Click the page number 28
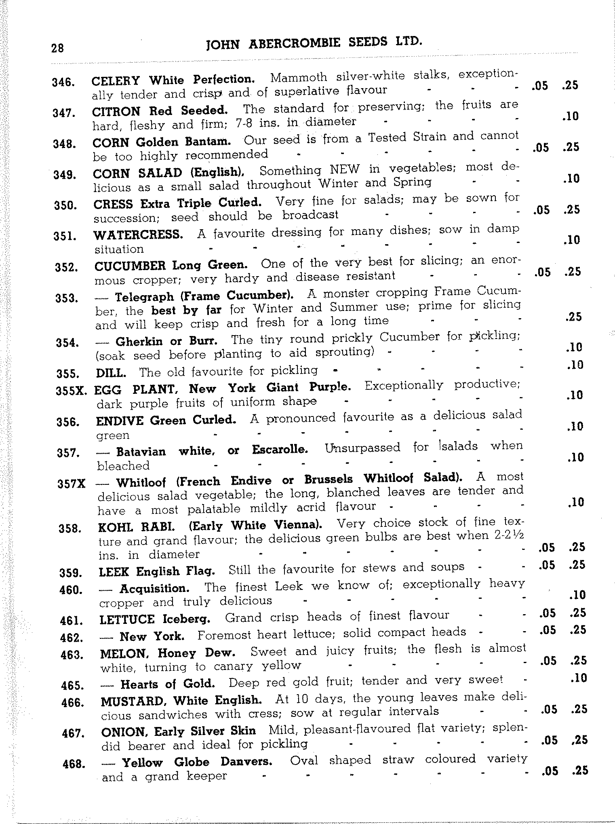(58, 48)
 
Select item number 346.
(63, 82)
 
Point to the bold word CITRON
(116, 111)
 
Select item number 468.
(73, 765)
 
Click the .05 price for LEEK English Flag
(547, 565)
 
